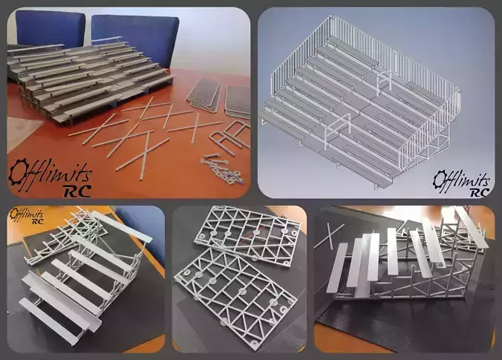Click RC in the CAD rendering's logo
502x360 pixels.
coord(480,192)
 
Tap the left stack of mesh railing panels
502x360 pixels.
coord(203,96)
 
